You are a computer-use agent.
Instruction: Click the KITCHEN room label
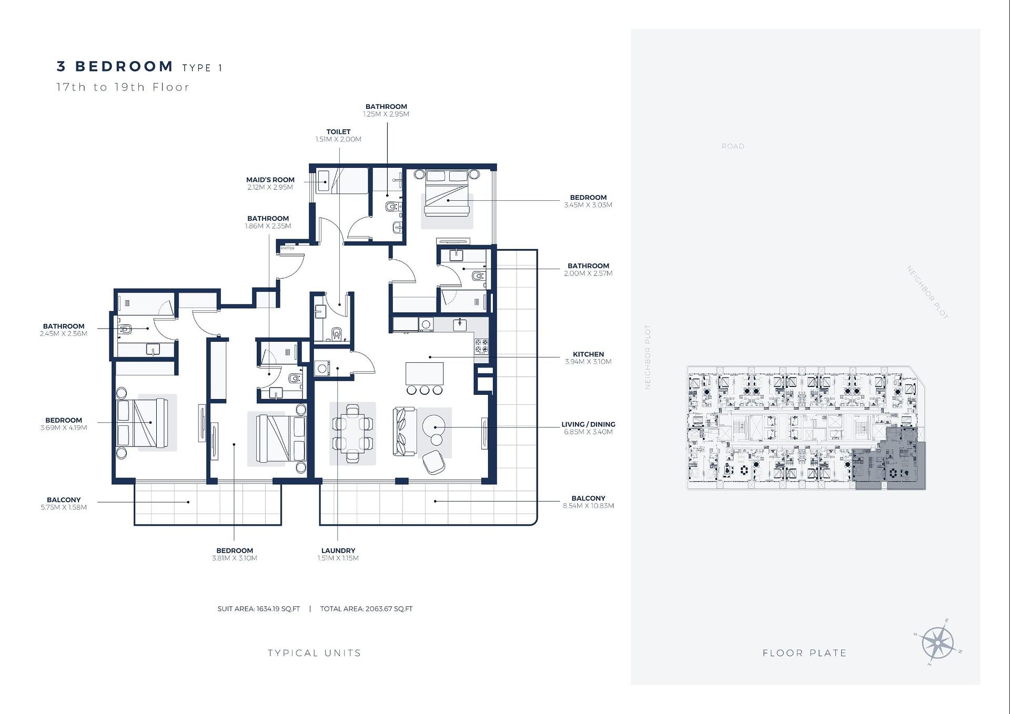(x=588, y=354)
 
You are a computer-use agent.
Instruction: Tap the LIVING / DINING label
(x=588, y=424)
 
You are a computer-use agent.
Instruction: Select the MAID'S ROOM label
(x=270, y=180)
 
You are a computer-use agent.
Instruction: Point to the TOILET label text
(x=338, y=132)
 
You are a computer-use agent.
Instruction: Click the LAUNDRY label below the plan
(x=338, y=550)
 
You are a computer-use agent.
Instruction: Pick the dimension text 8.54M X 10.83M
(x=588, y=506)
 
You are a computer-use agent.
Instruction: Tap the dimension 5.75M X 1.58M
(x=64, y=507)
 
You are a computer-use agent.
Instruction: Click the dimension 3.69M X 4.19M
(x=64, y=427)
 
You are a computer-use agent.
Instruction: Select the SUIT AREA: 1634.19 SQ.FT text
(x=259, y=609)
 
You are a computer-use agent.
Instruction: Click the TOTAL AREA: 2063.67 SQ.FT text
(x=367, y=609)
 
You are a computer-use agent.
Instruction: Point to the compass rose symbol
(x=938, y=643)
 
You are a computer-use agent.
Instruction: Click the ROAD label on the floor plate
(x=733, y=146)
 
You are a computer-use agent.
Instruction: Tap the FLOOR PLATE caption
(x=805, y=653)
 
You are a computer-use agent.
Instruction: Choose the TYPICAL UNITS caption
(x=315, y=653)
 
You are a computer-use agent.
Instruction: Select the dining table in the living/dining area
(x=352, y=433)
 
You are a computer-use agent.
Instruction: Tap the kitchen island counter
(x=425, y=374)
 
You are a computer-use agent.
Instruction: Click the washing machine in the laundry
(x=322, y=369)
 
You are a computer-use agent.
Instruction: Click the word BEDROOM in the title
(x=124, y=66)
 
